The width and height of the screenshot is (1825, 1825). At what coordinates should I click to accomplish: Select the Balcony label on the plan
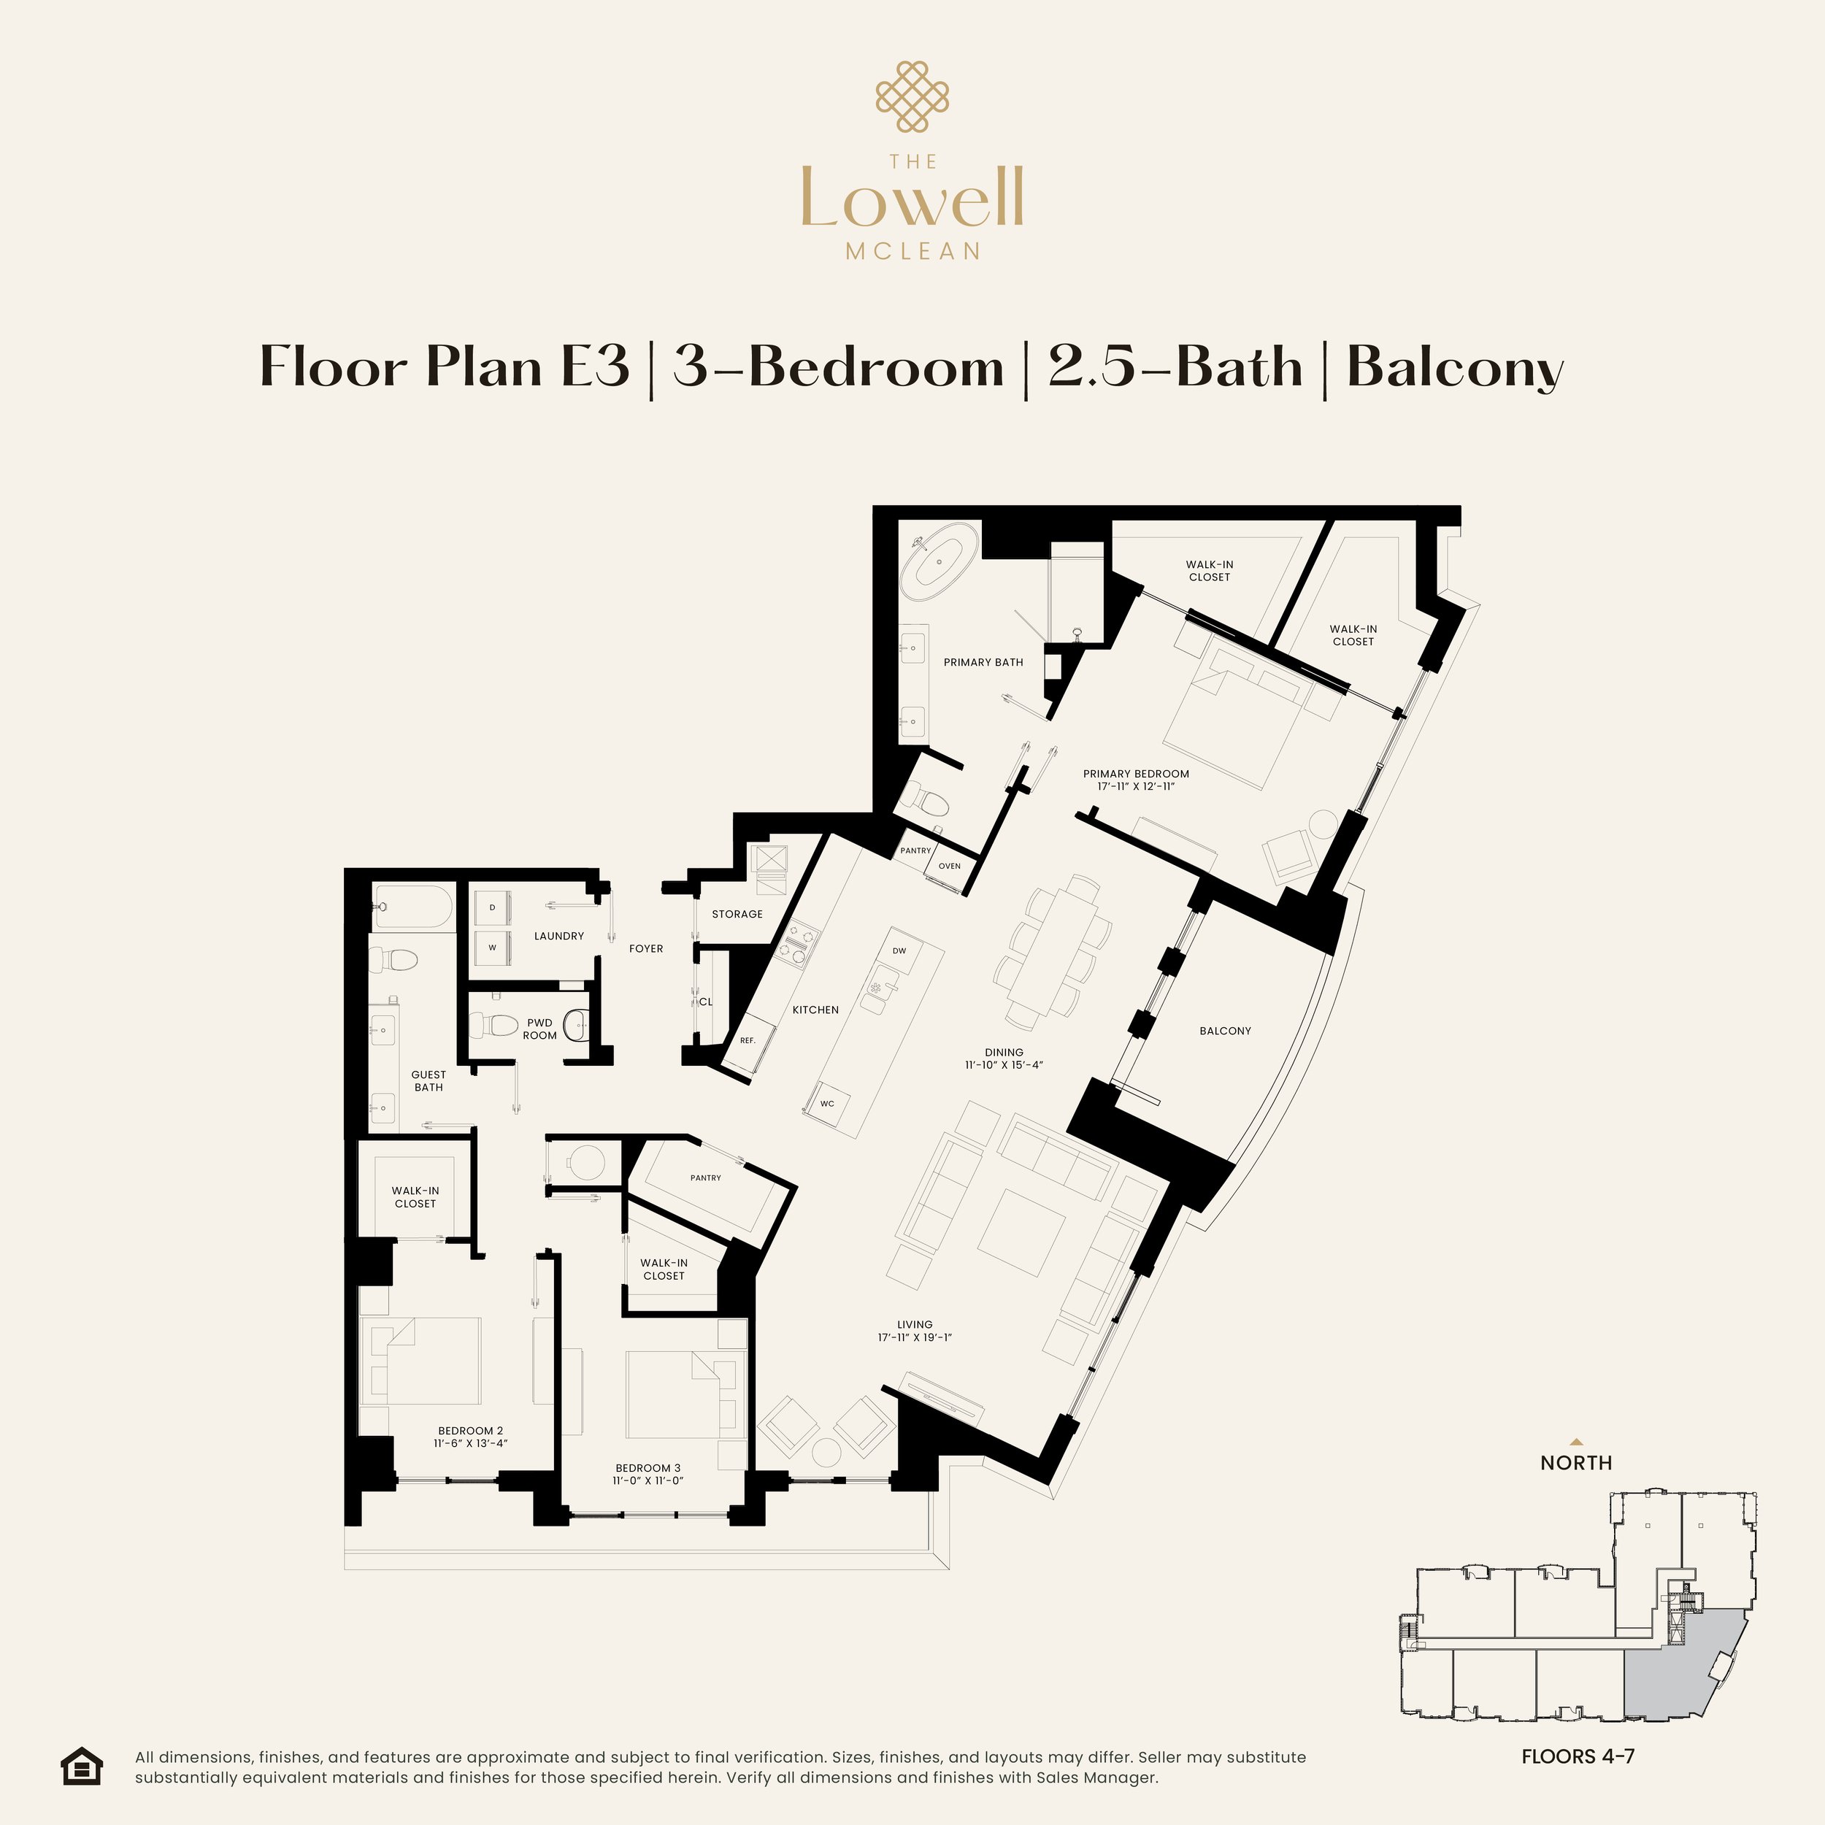point(1225,1031)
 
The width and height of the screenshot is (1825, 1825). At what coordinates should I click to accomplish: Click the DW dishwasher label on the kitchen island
point(899,950)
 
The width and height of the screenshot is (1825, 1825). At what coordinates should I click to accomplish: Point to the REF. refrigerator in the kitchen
point(748,1040)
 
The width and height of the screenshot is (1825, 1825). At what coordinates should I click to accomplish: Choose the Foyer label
point(646,948)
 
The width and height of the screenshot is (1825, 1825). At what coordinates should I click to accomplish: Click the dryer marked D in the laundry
point(492,908)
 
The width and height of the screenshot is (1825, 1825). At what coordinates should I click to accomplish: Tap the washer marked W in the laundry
point(492,948)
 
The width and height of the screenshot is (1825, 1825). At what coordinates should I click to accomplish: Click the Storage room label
point(737,915)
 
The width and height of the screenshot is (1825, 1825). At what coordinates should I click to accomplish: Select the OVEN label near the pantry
point(949,865)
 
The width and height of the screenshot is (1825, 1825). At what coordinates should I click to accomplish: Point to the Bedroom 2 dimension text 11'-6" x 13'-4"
point(470,1442)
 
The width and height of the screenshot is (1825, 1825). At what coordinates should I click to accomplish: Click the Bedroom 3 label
point(648,1468)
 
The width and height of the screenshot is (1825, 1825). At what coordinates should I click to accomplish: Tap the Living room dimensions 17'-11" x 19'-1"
point(915,1337)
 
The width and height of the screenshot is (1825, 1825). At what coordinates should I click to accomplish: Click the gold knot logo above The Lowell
point(912,96)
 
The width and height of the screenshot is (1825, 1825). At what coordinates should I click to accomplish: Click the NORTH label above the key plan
point(1575,1462)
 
